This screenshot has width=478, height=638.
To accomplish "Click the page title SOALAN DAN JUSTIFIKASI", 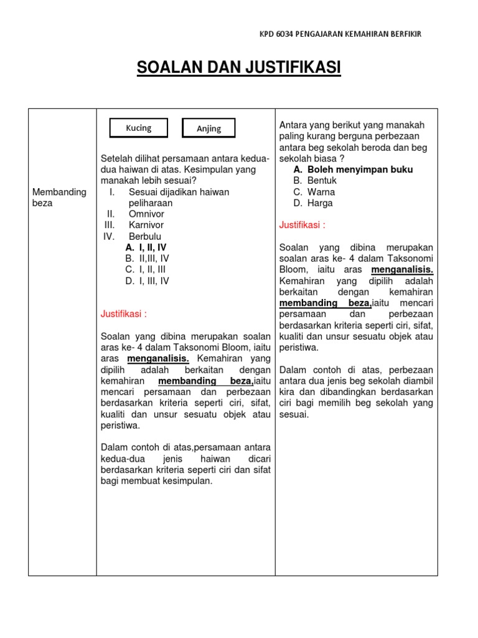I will pyautogui.click(x=238, y=68).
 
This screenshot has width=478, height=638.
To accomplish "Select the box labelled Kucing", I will pyautogui.click(x=139, y=128).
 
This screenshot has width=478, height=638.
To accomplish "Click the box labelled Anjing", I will pyautogui.click(x=209, y=128).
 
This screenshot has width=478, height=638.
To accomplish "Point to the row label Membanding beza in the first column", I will pyautogui.click(x=59, y=198).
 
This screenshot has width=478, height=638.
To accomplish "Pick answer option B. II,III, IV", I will pyautogui.click(x=147, y=259).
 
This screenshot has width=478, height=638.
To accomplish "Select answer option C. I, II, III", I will pyautogui.click(x=146, y=270).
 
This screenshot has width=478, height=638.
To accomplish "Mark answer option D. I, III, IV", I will pyautogui.click(x=147, y=281).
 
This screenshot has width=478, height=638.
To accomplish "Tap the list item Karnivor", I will pyautogui.click(x=146, y=225).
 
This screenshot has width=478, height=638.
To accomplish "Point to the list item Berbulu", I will pyautogui.click(x=145, y=236).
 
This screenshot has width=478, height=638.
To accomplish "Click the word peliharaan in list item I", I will pyautogui.click(x=151, y=203).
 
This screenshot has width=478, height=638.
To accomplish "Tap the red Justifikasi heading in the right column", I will pyautogui.click(x=302, y=225).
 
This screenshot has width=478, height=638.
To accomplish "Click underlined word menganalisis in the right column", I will pyautogui.click(x=402, y=270).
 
